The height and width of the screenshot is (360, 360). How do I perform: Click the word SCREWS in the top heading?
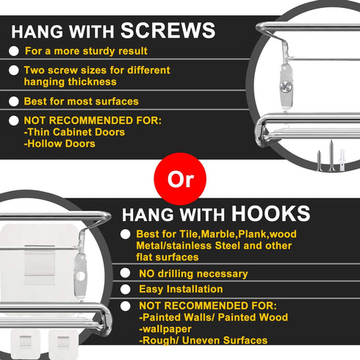pyautogui.click(x=168, y=30)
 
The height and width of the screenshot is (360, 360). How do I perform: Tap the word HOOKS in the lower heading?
pyautogui.click(x=270, y=214)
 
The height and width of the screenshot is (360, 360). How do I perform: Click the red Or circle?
pyautogui.click(x=180, y=179)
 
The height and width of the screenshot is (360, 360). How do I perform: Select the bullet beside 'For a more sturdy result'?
pyautogui.click(x=14, y=51)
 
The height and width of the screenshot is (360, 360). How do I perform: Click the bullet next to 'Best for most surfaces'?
pyautogui.click(x=14, y=101)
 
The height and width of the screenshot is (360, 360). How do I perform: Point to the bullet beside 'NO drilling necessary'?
pyautogui.click(x=125, y=273)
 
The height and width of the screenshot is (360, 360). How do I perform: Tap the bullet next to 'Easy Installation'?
pyautogui.click(x=125, y=289)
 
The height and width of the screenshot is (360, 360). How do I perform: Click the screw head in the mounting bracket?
pyautogui.click(x=286, y=87)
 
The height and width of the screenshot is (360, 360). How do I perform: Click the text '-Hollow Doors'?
pyautogui.click(x=60, y=144)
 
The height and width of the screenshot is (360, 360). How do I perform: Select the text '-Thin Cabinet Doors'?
pyautogui.click(x=74, y=132)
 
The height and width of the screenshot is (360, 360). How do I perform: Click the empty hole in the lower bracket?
pyautogui.click(x=80, y=276)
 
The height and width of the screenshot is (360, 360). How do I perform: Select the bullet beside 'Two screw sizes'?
pyautogui.click(x=14, y=71)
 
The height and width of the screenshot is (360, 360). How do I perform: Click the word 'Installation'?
pyautogui.click(x=195, y=289)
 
